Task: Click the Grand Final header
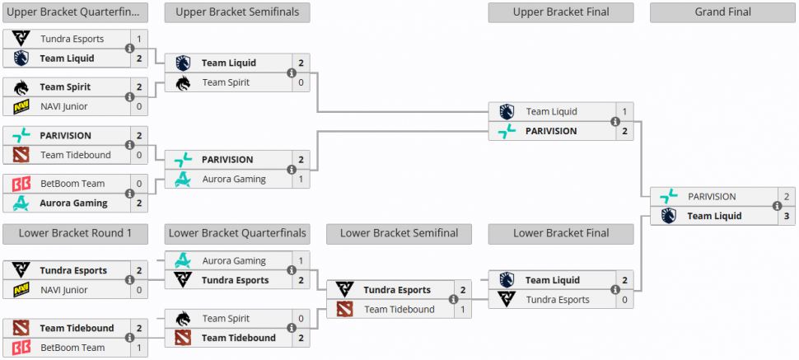click(722, 12)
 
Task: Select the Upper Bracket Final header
click(560, 12)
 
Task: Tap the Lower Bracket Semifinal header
click(399, 233)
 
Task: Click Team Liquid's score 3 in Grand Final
click(786, 216)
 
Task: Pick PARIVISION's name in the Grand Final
click(712, 196)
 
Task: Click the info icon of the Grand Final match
click(777, 206)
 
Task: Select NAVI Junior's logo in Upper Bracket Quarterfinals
click(21, 106)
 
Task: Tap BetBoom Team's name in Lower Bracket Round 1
click(72, 348)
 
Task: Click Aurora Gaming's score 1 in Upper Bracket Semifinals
click(301, 179)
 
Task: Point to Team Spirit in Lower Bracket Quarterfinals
click(227, 318)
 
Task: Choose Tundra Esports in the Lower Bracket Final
click(558, 300)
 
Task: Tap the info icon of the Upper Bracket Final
click(615, 121)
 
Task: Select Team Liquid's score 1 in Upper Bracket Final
click(624, 111)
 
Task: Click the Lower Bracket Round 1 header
click(75, 233)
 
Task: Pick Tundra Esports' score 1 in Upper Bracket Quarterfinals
click(139, 39)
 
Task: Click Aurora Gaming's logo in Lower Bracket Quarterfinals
click(183, 260)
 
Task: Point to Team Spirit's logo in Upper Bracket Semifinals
click(183, 82)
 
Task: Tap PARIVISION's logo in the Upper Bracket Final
click(507, 131)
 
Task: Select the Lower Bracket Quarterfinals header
click(236, 233)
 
